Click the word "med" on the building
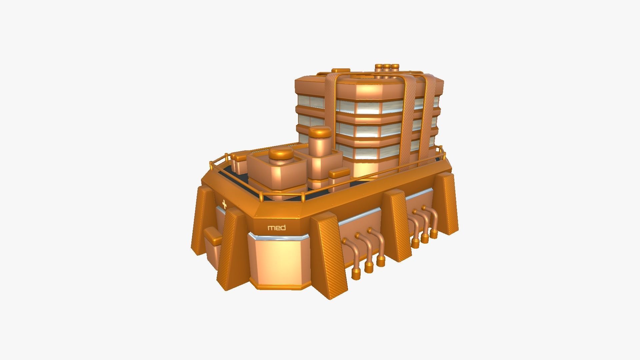coord(277,228)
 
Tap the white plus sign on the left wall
coord(224,204)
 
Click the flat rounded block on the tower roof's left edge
coord(341,71)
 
